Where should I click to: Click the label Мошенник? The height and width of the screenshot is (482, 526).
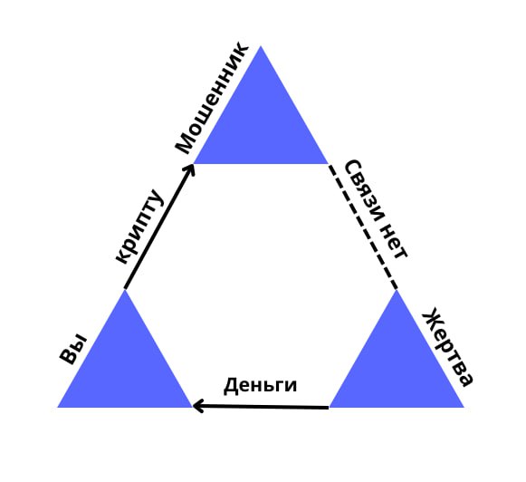pyautogui.click(x=212, y=97)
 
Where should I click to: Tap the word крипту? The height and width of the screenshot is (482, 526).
pyautogui.click(x=139, y=227)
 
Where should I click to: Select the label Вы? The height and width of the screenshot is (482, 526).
pyautogui.click(x=73, y=349)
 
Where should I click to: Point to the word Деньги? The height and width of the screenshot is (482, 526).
pyautogui.click(x=260, y=386)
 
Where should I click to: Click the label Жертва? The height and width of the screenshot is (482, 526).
pyautogui.click(x=448, y=347)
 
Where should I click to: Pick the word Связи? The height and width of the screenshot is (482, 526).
pyautogui.click(x=365, y=190)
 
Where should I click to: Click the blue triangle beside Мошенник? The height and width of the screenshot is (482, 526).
pyautogui.click(x=261, y=124)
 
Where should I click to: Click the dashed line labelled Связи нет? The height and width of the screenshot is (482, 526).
pyautogui.click(x=363, y=227)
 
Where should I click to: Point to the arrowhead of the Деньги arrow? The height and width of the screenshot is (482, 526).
pyautogui.click(x=196, y=406)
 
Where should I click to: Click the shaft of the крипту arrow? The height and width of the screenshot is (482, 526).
pyautogui.click(x=158, y=227)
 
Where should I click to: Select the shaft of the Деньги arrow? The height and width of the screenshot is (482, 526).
pyautogui.click(x=262, y=407)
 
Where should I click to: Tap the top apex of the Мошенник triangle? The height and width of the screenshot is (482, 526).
pyautogui.click(x=261, y=45)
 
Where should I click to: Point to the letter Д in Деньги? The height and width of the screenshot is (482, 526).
pyautogui.click(x=230, y=385)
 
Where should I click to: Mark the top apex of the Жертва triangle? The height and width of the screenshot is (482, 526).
pyautogui.click(x=397, y=290)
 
